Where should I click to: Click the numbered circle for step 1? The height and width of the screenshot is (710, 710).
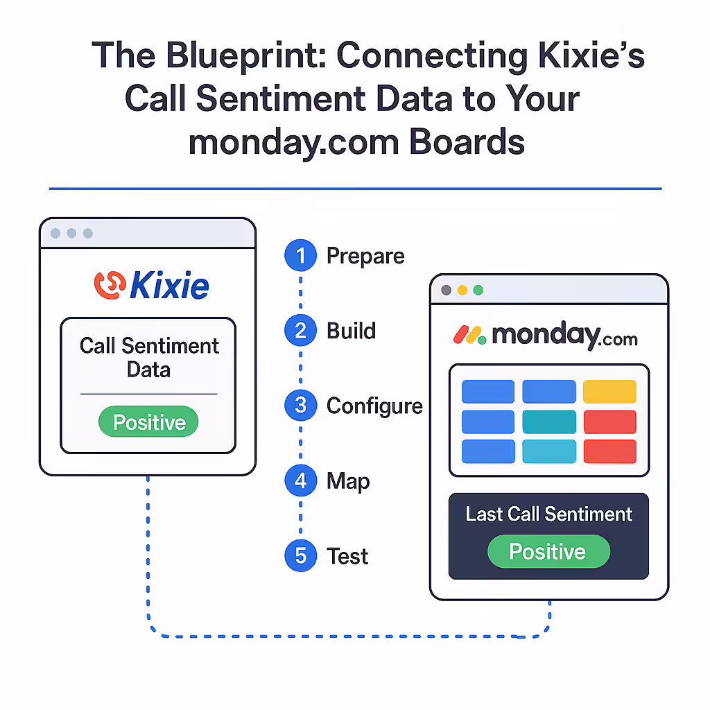pyautogui.click(x=300, y=255)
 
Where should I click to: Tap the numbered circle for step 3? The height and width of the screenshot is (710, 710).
pyautogui.click(x=300, y=405)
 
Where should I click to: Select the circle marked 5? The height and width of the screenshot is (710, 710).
pyautogui.click(x=300, y=555)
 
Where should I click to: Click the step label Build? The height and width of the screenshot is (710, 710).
pyautogui.click(x=352, y=331)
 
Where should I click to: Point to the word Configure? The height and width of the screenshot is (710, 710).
pyautogui.click(x=374, y=406)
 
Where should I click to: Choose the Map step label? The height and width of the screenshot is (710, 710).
pyautogui.click(x=348, y=482)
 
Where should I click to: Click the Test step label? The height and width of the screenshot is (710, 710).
pyautogui.click(x=347, y=556)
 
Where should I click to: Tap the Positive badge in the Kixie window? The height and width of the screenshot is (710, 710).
pyautogui.click(x=148, y=422)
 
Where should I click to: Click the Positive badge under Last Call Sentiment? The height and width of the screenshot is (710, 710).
pyautogui.click(x=548, y=551)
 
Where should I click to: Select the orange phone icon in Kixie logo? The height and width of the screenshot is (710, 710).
pyautogui.click(x=110, y=285)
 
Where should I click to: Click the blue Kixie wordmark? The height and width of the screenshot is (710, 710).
pyautogui.click(x=169, y=285)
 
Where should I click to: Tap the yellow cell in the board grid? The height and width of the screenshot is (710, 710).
pyautogui.click(x=609, y=391)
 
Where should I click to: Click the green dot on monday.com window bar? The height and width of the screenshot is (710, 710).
pyautogui.click(x=478, y=291)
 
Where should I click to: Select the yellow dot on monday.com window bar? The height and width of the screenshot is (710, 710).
pyautogui.click(x=462, y=291)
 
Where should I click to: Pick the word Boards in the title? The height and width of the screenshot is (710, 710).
pyautogui.click(x=467, y=141)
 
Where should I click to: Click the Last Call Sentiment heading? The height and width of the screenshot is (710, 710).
pyautogui.click(x=549, y=514)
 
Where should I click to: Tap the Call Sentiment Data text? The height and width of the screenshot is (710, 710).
pyautogui.click(x=149, y=357)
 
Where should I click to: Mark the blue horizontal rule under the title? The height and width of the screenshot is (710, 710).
pyautogui.click(x=356, y=189)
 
